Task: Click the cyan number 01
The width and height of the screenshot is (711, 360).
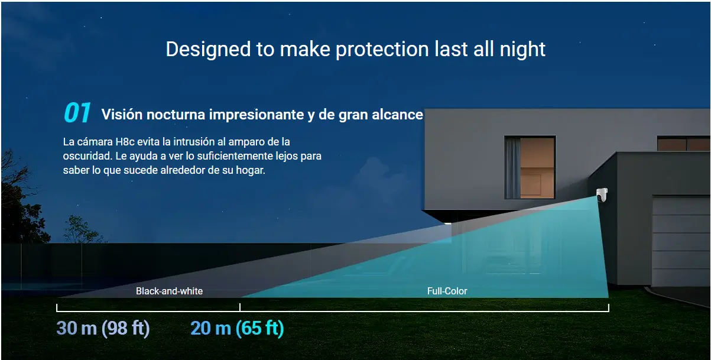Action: point(77,112)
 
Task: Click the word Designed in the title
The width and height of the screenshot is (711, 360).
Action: point(208,50)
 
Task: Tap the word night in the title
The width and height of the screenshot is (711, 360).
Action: point(522,50)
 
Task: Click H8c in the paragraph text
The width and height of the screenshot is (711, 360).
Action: point(125,142)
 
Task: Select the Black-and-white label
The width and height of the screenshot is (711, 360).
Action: point(169,291)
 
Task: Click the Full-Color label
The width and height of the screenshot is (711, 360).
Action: point(447,291)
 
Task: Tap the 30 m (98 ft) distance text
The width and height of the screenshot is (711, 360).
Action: point(103,328)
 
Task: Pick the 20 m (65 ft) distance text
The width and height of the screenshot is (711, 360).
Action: point(237,328)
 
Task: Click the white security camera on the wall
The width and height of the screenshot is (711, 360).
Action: point(602,194)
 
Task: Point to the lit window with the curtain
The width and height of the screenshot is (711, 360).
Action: point(530,167)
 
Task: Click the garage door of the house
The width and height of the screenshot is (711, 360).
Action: point(681,241)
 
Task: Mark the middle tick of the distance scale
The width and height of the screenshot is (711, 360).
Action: point(240,307)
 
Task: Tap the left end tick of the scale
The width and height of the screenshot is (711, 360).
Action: point(57,307)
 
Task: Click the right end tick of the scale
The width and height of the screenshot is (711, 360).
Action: point(609,307)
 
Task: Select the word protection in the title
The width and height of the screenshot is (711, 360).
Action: point(382,50)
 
